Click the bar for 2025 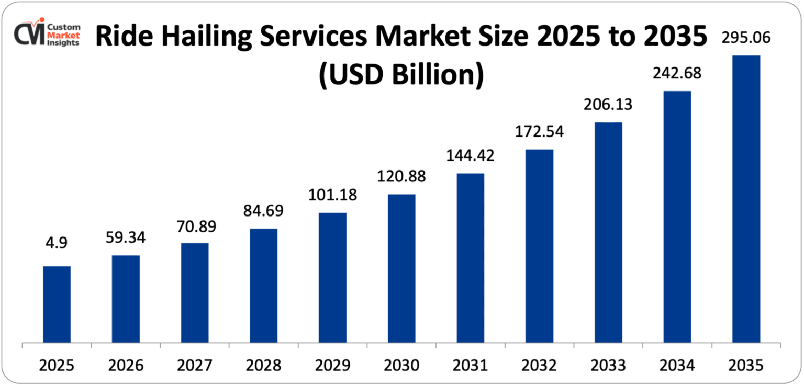[x=57, y=305]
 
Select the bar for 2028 [x=263, y=286]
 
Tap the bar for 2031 [x=470, y=258]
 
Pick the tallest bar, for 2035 [x=746, y=199]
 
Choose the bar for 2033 [x=608, y=233]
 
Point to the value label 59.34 [x=126, y=237]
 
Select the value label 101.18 [x=332, y=195]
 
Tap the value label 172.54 [x=539, y=132]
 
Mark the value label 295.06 [x=746, y=38]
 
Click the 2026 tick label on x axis [x=126, y=365]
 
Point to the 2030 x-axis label [x=401, y=365]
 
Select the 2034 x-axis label [x=677, y=365]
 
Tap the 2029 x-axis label [x=332, y=365]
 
